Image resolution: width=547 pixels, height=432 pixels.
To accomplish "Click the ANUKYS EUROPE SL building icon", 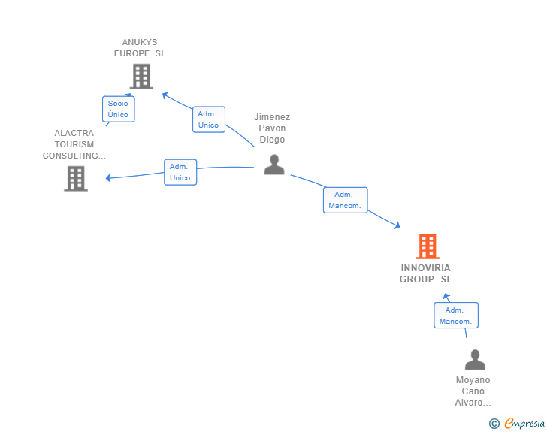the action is pyautogui.click(x=141, y=76).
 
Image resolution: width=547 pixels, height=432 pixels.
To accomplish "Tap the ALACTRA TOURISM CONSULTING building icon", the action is pyautogui.click(x=76, y=178).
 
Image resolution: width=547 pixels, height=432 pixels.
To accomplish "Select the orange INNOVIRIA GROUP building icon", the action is pyautogui.click(x=428, y=246).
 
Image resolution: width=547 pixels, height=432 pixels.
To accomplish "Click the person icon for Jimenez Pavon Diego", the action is pyautogui.click(x=274, y=165).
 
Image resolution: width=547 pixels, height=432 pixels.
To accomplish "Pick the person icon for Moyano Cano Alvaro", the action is pyautogui.click(x=475, y=359).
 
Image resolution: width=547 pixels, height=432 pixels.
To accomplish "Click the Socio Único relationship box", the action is pyautogui.click(x=119, y=109).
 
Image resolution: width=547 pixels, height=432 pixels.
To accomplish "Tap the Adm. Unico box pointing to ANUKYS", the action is pyautogui.click(x=209, y=119).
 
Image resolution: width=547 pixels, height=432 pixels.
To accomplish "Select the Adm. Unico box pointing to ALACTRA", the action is pyautogui.click(x=180, y=172).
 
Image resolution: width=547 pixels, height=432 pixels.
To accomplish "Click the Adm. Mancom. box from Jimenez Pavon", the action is pyautogui.click(x=346, y=200).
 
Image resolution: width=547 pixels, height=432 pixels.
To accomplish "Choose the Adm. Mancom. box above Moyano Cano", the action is pyautogui.click(x=456, y=316).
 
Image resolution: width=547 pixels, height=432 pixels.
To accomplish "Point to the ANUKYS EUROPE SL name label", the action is pyautogui.click(x=140, y=48).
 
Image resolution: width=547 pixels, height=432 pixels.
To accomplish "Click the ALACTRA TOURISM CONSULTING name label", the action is pyautogui.click(x=74, y=144).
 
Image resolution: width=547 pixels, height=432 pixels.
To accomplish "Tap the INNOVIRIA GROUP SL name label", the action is pyautogui.click(x=425, y=273).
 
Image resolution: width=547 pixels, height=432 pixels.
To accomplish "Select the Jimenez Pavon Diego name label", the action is pyautogui.click(x=272, y=128).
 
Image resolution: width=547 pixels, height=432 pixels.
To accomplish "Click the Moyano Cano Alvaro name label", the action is pyautogui.click(x=473, y=391).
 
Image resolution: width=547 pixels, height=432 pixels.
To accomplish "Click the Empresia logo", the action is pyautogui.click(x=524, y=423).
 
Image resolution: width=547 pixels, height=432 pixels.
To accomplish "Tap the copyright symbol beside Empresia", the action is pyautogui.click(x=494, y=424).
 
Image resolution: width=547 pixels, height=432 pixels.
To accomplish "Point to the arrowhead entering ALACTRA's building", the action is pyautogui.click(x=108, y=178).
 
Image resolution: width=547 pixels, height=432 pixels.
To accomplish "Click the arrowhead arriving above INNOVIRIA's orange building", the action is pyautogui.click(x=397, y=225).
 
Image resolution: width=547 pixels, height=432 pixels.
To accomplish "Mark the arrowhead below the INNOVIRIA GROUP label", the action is pyautogui.click(x=446, y=297).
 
